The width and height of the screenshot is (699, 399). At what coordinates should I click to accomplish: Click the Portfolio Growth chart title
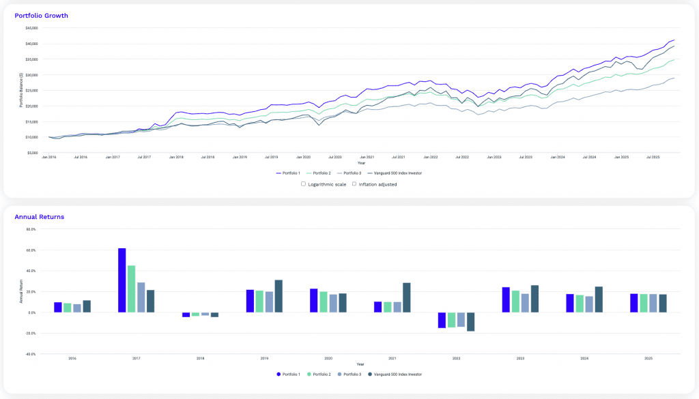pyautogui.click(x=41, y=15)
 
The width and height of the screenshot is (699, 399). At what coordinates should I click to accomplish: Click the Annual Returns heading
pyautogui.click(x=39, y=217)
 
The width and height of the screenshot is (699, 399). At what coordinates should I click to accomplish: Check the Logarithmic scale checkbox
pyautogui.click(x=303, y=184)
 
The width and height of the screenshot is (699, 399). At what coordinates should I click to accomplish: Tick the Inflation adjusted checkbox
pyautogui.click(x=354, y=184)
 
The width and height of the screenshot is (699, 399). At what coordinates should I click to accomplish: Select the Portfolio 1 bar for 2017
pyautogui.click(x=122, y=280)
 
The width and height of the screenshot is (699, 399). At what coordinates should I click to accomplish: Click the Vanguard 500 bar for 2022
pyautogui.click(x=470, y=322)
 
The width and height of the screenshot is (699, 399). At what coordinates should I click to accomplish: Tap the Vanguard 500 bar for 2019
pyautogui.click(x=279, y=296)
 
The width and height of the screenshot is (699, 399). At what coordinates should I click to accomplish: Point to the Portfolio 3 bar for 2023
pyautogui.click(x=525, y=303)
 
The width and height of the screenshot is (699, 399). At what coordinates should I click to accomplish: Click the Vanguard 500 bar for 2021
pyautogui.click(x=407, y=297)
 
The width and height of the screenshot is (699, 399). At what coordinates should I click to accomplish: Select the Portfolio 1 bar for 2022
pyautogui.click(x=442, y=320)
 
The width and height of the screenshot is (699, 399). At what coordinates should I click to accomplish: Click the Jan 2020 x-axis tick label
pyautogui.click(x=302, y=157)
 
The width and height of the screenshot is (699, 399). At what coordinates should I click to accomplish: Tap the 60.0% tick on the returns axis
pyautogui.click(x=30, y=250)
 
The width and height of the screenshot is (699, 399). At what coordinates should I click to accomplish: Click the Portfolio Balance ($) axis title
pyautogui.click(x=21, y=89)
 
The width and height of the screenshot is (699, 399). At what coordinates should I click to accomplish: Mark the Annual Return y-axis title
pyautogui.click(x=21, y=292)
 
